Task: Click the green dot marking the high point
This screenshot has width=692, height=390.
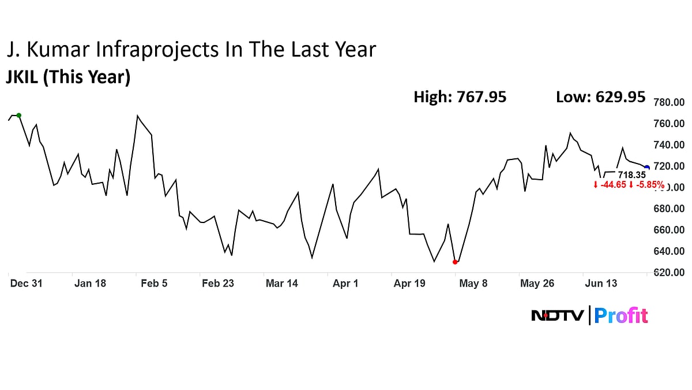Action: pyautogui.click(x=19, y=115)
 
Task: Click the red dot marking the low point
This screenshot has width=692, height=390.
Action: pyautogui.click(x=456, y=262)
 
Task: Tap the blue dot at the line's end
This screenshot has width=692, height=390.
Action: pyautogui.click(x=646, y=168)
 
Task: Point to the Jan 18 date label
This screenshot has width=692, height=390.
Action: pyautogui.click(x=91, y=283)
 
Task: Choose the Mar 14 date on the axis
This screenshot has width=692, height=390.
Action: pyautogui.click(x=281, y=283)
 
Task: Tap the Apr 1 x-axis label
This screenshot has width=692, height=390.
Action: pyautogui.click(x=345, y=283)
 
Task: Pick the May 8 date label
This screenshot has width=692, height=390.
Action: pyautogui.click(x=473, y=283)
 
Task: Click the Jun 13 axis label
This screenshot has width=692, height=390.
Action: pyautogui.click(x=601, y=283)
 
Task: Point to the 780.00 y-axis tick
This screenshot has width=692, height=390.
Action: pyautogui.click(x=668, y=103)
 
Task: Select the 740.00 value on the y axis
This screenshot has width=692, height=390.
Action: pyautogui.click(x=668, y=145)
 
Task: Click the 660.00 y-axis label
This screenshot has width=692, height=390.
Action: pyautogui.click(x=668, y=230)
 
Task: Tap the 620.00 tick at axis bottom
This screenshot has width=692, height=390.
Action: pyautogui.click(x=668, y=272)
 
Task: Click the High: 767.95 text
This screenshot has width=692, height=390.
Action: pyautogui.click(x=460, y=97)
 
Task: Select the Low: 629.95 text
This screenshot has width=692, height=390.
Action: pyautogui.click(x=600, y=97)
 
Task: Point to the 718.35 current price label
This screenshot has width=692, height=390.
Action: pyautogui.click(x=631, y=174)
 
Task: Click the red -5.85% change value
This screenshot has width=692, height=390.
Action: pyautogui.click(x=649, y=185)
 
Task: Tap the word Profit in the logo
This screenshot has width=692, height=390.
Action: pyautogui.click(x=621, y=315)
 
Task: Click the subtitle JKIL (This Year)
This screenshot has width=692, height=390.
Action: pyautogui.click(x=68, y=77)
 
